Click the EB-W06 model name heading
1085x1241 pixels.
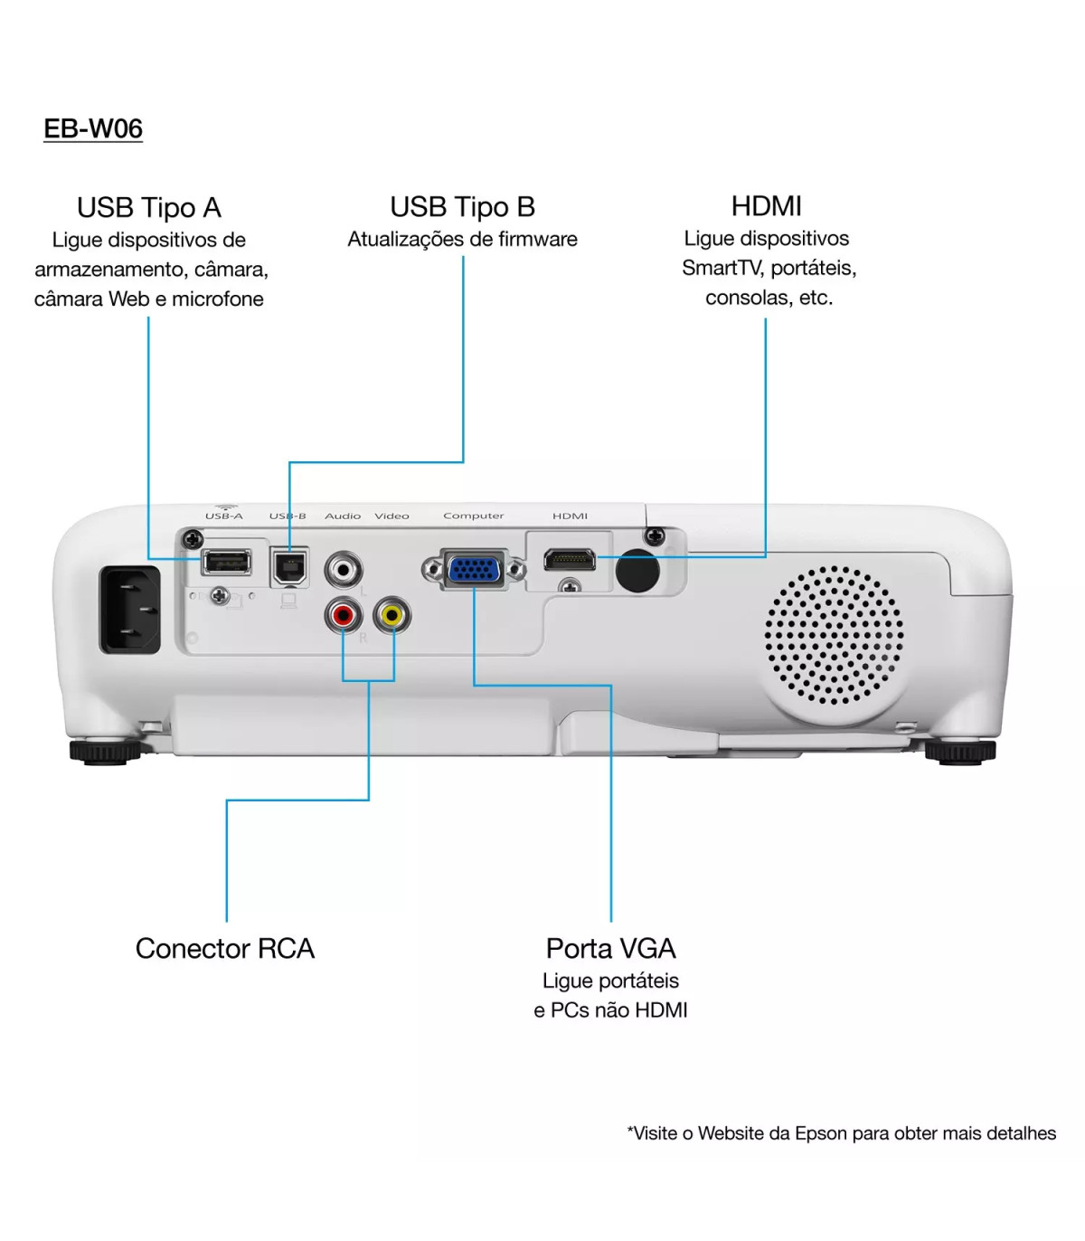pos(93,128)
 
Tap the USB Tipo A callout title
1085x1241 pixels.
pos(149,208)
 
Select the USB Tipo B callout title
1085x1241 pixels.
pos(463,207)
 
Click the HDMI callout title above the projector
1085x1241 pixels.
pos(766,206)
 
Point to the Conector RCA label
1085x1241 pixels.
pos(225,948)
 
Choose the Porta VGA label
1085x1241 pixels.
pos(611,948)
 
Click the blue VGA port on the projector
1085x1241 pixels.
pos(475,570)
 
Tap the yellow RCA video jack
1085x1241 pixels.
pos(392,616)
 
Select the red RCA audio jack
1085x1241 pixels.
pos(343,616)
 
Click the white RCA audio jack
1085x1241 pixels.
pos(344,570)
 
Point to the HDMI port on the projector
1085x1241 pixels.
pos(569,560)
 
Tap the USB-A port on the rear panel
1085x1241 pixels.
pos(226,562)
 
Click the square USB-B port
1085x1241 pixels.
pos(289,566)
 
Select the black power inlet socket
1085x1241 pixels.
pos(129,610)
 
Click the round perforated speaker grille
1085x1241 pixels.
pos(834,635)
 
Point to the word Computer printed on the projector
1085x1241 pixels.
pos(474,516)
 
